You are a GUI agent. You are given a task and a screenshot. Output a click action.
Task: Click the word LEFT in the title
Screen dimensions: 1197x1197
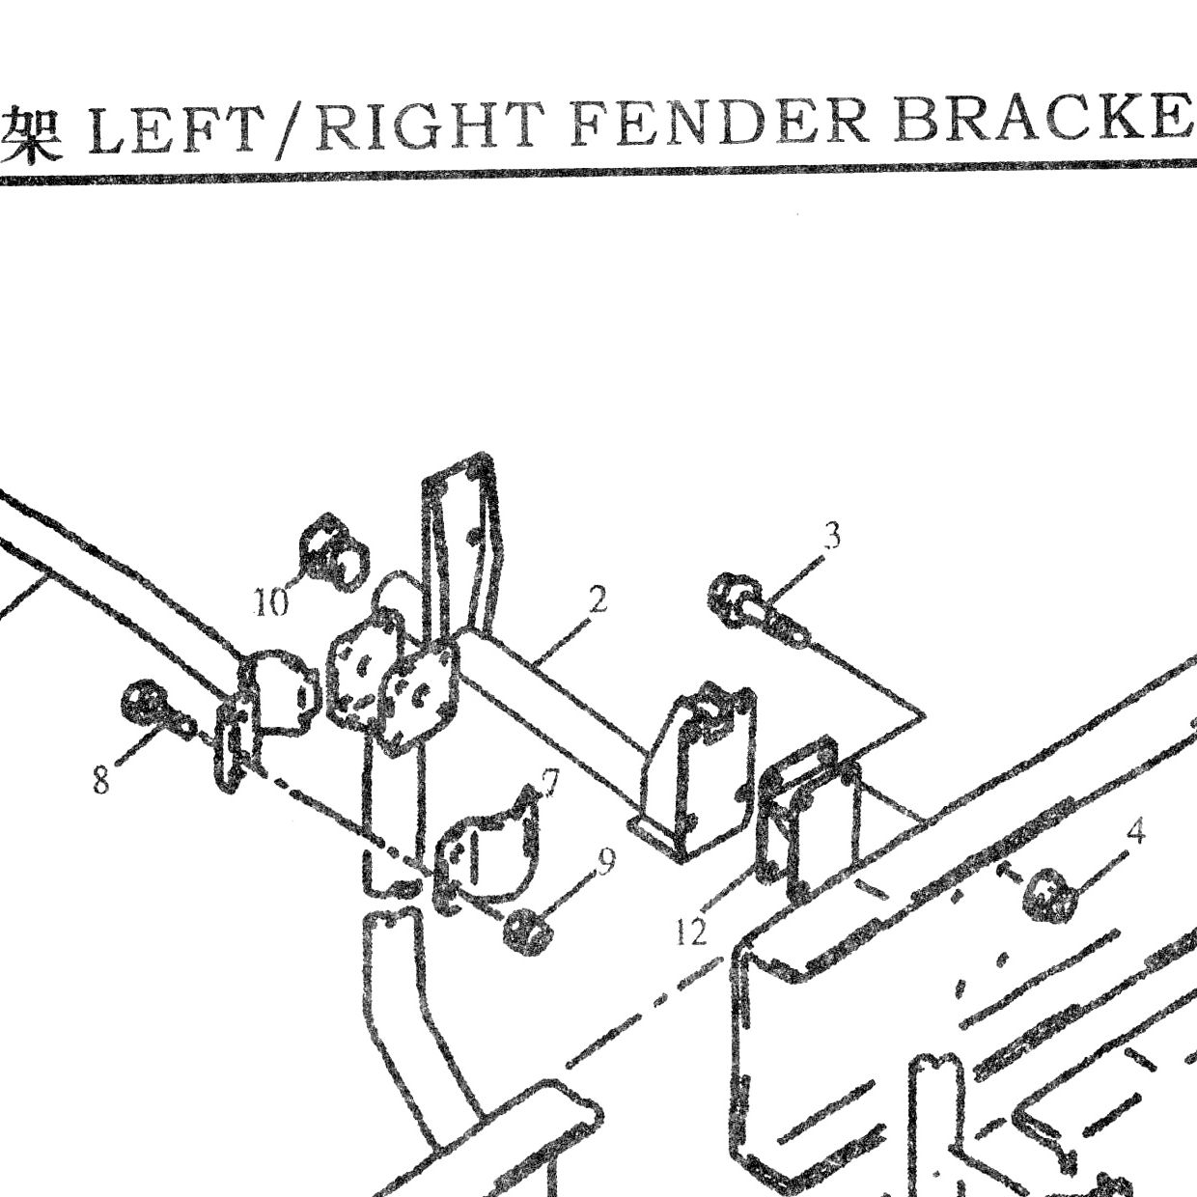coord(172,129)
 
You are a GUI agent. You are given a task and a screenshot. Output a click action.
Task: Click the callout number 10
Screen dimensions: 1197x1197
coord(271,600)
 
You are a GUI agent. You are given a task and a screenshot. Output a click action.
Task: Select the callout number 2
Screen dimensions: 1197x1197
coord(597,599)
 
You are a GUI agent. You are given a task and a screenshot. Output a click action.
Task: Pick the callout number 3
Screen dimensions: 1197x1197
coord(832,536)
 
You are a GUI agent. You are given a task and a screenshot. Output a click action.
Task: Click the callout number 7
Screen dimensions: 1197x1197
coord(549,783)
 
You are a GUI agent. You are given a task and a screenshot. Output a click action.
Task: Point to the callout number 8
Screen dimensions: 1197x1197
coord(100,780)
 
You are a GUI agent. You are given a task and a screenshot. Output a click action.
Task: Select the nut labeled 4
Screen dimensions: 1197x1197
coord(1049,894)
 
